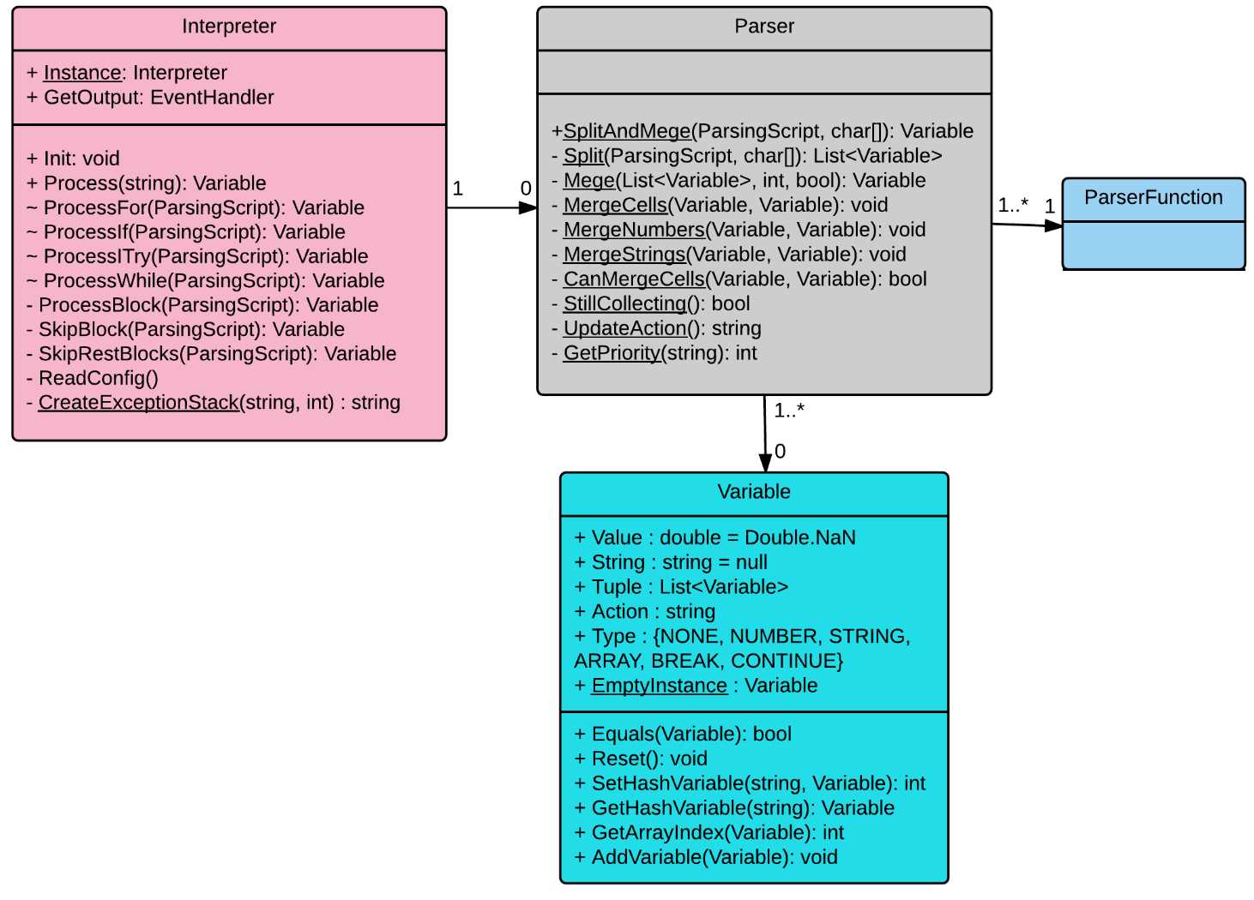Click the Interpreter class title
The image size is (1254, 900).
[229, 27]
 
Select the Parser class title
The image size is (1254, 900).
[763, 27]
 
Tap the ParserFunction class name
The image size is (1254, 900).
[1153, 198]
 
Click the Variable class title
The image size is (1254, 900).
[753, 492]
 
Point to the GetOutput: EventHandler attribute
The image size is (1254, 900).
[150, 98]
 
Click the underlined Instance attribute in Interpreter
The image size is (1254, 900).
[82, 73]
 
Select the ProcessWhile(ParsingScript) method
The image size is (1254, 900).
[206, 281]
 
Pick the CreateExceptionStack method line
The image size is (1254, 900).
[214, 403]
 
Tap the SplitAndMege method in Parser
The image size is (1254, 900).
[763, 131]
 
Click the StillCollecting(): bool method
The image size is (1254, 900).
[650, 304]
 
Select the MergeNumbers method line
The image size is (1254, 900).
[739, 230]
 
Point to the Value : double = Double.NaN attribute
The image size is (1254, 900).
[714, 537]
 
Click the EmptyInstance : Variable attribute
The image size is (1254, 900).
[696, 686]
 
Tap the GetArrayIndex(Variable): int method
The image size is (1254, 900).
[708, 832]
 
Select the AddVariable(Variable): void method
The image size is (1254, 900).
[706, 857]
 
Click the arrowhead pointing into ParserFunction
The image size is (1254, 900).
[1054, 225]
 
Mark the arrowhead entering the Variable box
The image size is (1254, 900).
[765, 463]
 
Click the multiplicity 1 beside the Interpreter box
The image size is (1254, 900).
[457, 189]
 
